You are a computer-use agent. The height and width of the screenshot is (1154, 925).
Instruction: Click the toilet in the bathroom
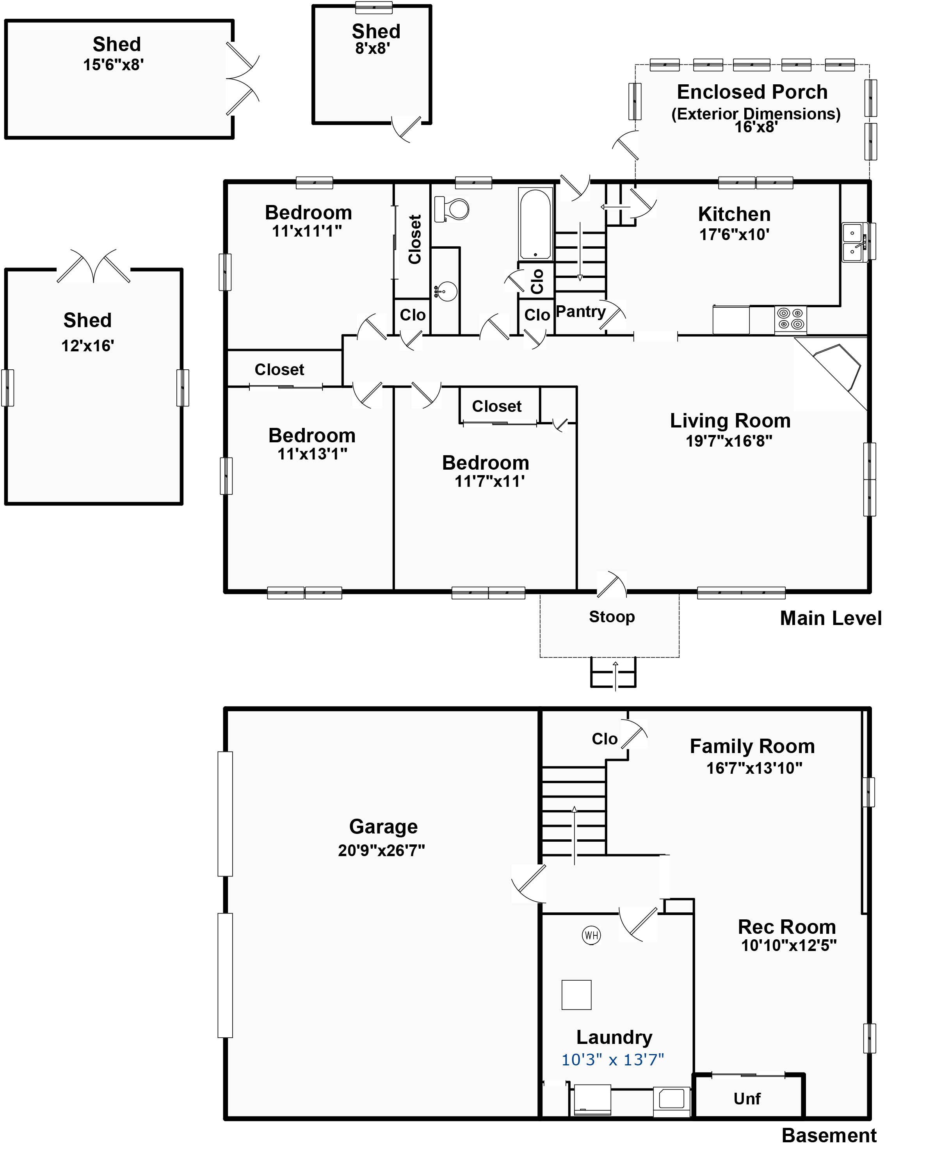click(452, 209)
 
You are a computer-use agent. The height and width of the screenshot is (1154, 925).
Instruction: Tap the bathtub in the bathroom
click(535, 224)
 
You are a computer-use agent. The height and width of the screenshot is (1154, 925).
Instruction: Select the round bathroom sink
click(446, 292)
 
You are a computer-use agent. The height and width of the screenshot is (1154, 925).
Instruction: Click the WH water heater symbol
click(591, 935)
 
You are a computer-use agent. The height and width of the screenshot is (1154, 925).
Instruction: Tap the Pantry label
click(580, 312)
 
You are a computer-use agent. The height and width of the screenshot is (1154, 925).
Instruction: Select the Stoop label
click(612, 616)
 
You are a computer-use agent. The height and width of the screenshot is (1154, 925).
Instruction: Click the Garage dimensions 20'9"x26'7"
click(381, 850)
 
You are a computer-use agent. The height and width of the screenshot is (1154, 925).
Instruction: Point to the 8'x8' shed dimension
click(372, 49)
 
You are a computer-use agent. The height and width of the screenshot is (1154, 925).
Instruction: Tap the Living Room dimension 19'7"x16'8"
click(729, 441)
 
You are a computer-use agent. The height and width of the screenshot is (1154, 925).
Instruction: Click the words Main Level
click(831, 618)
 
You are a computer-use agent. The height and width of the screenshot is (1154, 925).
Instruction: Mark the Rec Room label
click(787, 926)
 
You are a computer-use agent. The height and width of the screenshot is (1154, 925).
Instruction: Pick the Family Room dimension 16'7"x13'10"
click(754, 768)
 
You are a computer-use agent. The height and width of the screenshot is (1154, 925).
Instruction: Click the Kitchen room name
click(735, 214)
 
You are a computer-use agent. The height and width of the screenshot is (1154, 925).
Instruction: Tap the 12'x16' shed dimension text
click(88, 346)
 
